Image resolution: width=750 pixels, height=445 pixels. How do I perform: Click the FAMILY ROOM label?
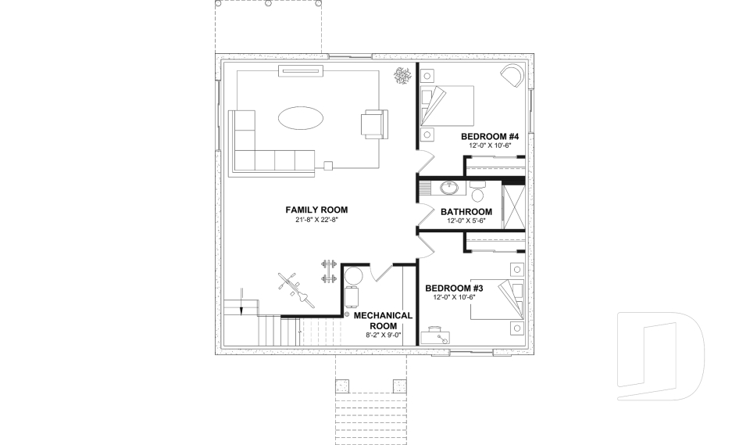(x=316, y=210)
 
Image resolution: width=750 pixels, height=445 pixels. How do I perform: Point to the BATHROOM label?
(x=466, y=212)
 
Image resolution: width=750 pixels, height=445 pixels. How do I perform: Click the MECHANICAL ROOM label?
(x=383, y=321)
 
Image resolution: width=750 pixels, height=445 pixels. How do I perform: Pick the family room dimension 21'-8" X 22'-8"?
(x=316, y=220)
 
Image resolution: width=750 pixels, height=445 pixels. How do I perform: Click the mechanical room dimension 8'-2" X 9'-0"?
(x=383, y=336)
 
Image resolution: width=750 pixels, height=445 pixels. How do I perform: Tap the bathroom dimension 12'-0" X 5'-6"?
(x=466, y=221)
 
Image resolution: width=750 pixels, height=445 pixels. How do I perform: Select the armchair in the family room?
(x=373, y=124)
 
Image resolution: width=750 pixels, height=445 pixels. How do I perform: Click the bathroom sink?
(x=450, y=188)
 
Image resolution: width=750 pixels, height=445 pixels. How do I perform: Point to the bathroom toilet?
(x=478, y=190)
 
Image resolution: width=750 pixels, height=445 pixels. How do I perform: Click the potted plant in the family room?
(x=403, y=76)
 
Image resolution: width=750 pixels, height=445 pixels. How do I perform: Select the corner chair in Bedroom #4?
(x=512, y=76)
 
